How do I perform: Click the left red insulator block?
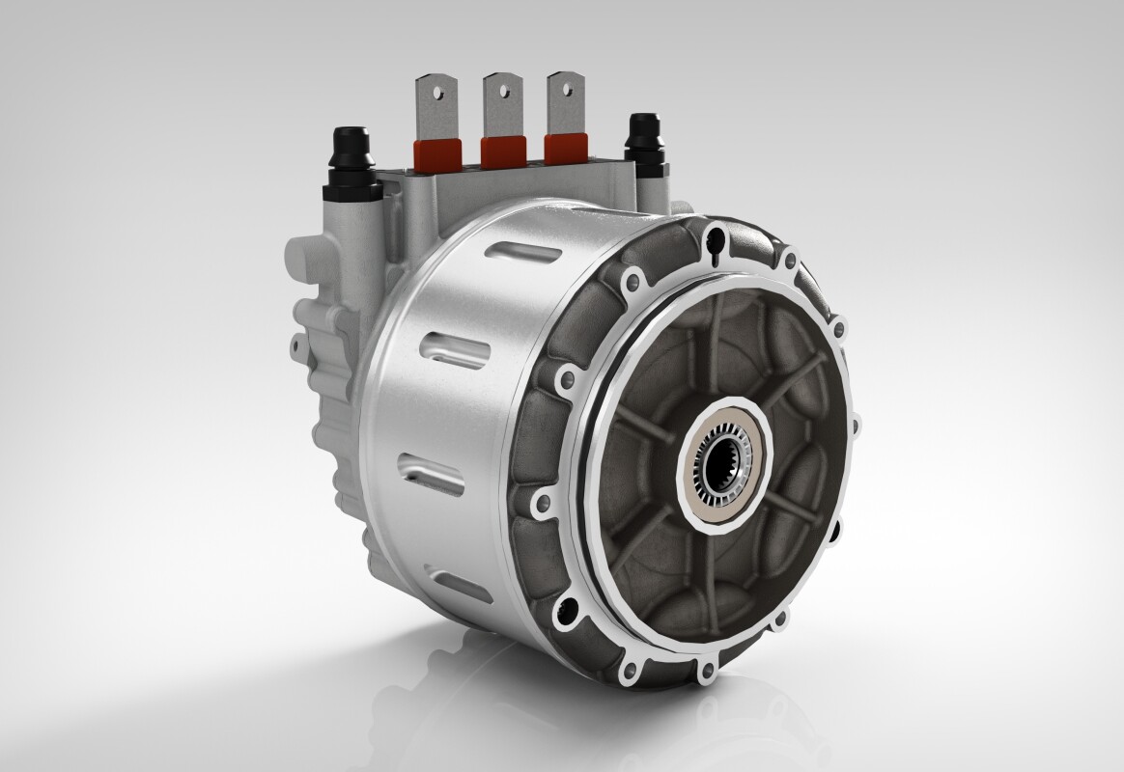click(x=432, y=152)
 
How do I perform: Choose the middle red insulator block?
click(x=502, y=150)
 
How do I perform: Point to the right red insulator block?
click(x=566, y=148)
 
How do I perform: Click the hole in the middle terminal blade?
click(x=501, y=89)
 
